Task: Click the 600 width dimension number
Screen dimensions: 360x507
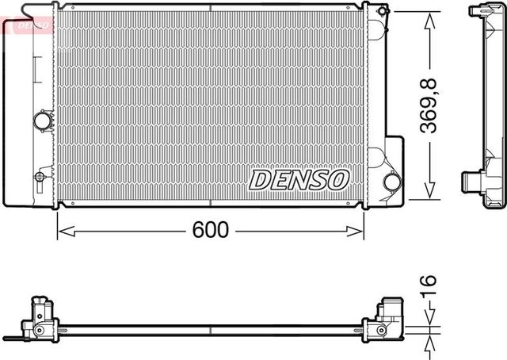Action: (210, 230)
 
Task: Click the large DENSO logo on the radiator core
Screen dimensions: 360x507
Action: (299, 180)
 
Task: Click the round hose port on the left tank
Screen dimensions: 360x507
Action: (42, 121)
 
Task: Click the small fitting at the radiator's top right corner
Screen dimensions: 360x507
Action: (383, 11)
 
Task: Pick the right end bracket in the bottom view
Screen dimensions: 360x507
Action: (386, 320)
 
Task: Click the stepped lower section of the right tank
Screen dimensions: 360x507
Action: (393, 170)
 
